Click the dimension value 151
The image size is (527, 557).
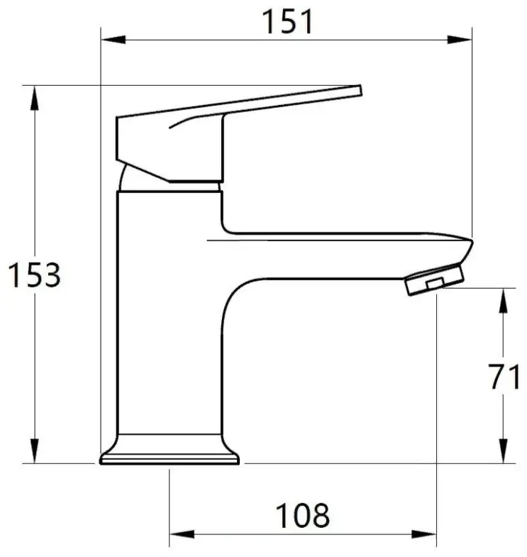(x=288, y=23)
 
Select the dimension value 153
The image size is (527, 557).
(x=35, y=275)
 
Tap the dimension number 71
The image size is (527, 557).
(x=504, y=377)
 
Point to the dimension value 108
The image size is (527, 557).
(x=303, y=516)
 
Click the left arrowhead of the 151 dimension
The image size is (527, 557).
(x=113, y=40)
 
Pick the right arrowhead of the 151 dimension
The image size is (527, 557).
(x=460, y=40)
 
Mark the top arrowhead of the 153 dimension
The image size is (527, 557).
(x=35, y=98)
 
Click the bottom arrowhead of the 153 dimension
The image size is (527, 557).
(x=35, y=451)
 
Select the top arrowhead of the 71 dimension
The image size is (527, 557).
(x=503, y=301)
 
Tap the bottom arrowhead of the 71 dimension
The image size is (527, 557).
(x=503, y=451)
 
